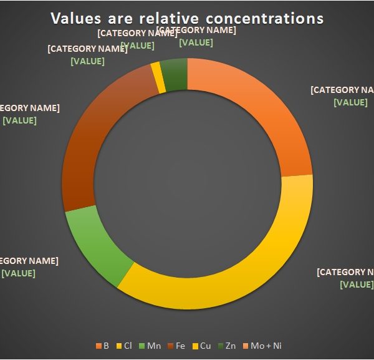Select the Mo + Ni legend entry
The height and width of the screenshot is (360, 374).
[x=259, y=346]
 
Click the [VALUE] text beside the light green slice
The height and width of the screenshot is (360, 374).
[x=18, y=273]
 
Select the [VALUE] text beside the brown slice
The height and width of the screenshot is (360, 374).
[x=19, y=120]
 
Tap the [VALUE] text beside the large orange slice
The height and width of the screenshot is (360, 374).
[x=350, y=102]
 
